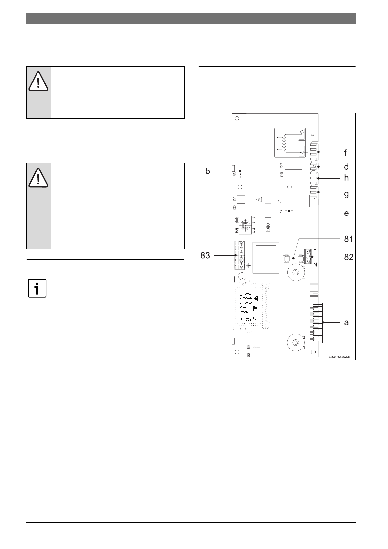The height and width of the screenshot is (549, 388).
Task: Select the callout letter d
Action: [x=346, y=167]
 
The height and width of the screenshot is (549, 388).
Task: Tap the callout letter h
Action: [x=346, y=178]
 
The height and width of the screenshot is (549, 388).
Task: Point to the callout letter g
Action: [x=346, y=194]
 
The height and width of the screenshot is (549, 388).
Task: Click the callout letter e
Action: [x=346, y=213]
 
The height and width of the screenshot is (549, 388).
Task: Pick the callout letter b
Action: [x=208, y=171]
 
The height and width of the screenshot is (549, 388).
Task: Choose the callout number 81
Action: [x=349, y=239]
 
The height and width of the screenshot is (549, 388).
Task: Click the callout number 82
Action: [x=349, y=257]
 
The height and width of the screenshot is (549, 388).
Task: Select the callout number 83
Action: [x=205, y=256]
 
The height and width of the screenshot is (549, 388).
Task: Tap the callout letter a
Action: [x=346, y=322]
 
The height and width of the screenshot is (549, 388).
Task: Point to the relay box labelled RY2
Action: [x=293, y=165]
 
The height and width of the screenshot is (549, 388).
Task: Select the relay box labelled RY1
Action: [x=293, y=175]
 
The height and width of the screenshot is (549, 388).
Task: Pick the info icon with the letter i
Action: [x=37, y=289]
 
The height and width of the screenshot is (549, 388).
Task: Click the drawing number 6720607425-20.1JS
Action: [x=339, y=357]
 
